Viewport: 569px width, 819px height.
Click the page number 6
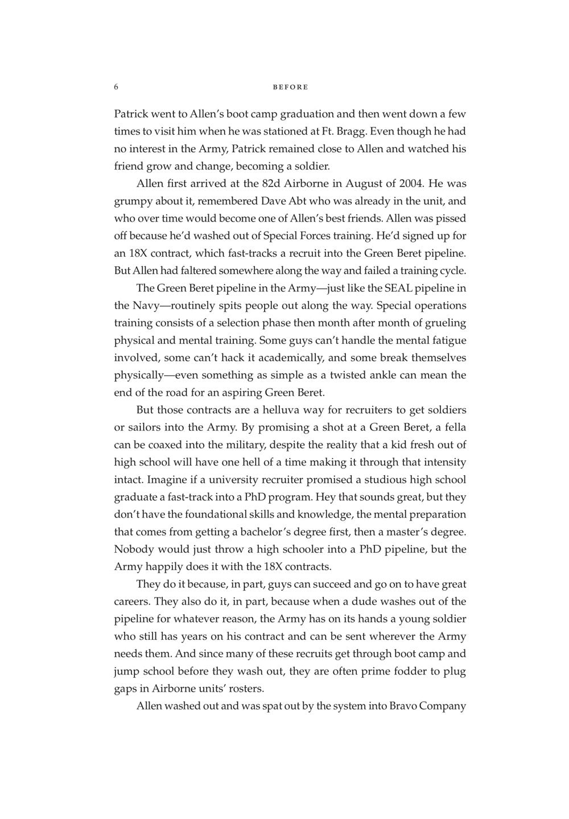(x=116, y=87)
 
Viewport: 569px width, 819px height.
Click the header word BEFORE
(x=290, y=87)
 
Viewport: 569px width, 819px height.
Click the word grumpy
(x=133, y=201)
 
